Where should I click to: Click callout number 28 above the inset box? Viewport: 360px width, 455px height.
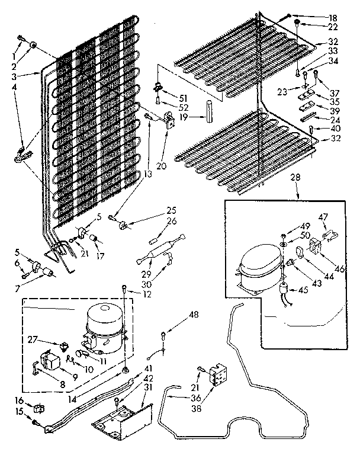(x=295, y=177)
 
